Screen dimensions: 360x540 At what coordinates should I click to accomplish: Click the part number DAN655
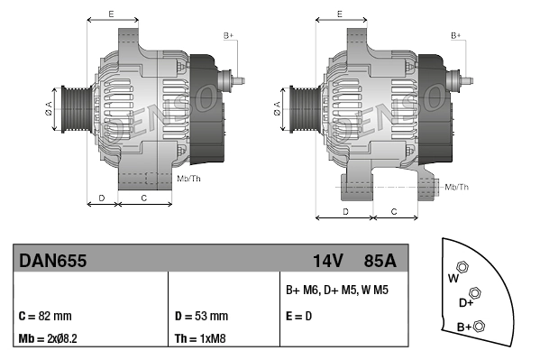tap(53, 261)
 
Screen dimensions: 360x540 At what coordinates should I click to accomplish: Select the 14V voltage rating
tap(327, 261)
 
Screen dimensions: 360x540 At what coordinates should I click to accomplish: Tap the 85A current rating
tap(379, 261)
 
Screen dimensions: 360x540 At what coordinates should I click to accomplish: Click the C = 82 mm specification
tap(45, 316)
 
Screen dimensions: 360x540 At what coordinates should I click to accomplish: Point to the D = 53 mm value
tap(201, 316)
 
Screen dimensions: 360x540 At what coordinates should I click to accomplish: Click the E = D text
tap(299, 316)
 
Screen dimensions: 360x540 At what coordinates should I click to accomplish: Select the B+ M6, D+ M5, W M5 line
tap(336, 291)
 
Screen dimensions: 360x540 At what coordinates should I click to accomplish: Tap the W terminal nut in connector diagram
tap(462, 267)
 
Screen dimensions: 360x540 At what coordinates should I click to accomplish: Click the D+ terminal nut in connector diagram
tap(476, 292)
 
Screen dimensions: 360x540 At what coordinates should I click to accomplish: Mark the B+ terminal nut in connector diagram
tap(480, 326)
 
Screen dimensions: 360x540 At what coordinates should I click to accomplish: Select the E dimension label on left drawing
tap(110, 14)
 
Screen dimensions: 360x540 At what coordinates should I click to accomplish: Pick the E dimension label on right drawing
tap(339, 14)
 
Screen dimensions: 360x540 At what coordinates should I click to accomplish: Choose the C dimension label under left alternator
tap(144, 197)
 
